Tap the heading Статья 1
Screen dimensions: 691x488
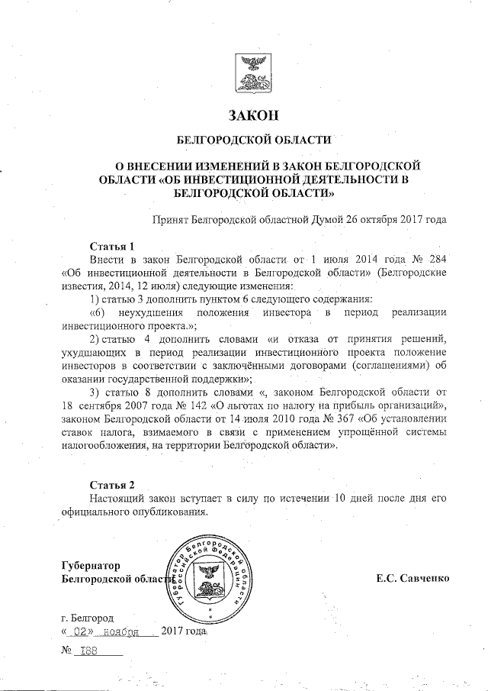point(112,247)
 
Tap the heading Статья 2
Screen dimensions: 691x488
point(112,485)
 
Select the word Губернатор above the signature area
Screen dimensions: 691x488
point(91,565)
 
